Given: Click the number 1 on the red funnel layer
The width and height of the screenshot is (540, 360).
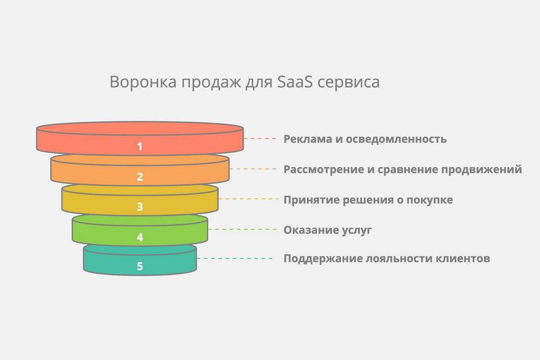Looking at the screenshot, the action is click(x=140, y=146).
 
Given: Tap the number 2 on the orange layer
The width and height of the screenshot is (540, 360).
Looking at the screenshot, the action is click(x=140, y=177).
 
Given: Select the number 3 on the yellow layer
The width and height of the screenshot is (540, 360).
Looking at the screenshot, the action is click(x=140, y=206).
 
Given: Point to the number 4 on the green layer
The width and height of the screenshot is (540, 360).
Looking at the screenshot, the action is click(x=140, y=237).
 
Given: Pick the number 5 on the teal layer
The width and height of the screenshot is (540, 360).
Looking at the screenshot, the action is click(x=140, y=266).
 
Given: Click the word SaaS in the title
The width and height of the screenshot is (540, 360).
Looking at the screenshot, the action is click(x=295, y=82).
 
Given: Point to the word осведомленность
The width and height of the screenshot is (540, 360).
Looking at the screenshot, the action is click(x=396, y=139).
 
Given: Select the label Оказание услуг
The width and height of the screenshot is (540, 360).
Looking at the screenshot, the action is click(x=327, y=230).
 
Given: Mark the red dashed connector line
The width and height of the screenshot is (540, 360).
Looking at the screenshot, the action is click(x=260, y=138).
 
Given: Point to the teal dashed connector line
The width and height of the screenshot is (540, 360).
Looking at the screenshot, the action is click(x=235, y=258).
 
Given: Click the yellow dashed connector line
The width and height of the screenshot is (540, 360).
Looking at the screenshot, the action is click(x=248, y=199).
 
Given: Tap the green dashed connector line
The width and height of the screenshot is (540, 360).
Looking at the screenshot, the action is click(x=243, y=229).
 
